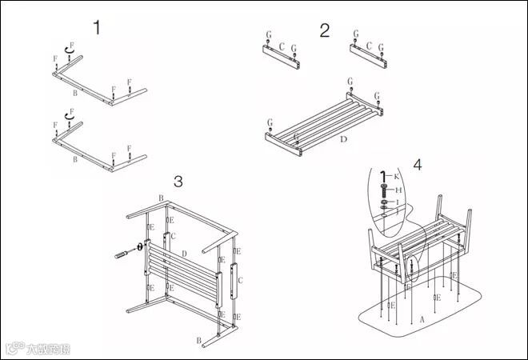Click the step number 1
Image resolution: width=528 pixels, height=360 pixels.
click(x=97, y=28)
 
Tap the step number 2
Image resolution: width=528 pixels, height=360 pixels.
click(x=324, y=30)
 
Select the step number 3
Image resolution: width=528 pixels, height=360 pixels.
click(x=178, y=181)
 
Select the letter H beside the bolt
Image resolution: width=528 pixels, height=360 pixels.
click(x=398, y=190)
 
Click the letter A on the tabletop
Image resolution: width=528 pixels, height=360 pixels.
click(x=422, y=318)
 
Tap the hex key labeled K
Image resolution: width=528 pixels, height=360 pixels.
click(x=385, y=177)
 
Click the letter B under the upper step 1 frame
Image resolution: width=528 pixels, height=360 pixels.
click(x=75, y=94)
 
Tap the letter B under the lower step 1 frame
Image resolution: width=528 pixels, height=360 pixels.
click(x=75, y=160)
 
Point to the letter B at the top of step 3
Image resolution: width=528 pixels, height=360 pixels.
click(x=161, y=198)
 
